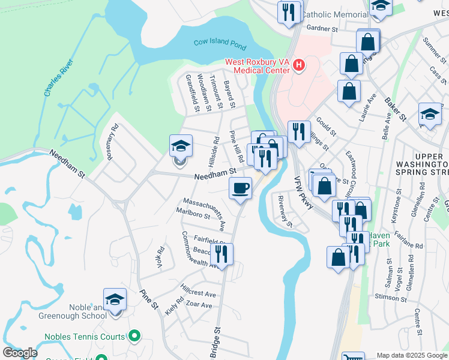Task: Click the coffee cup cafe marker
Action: pyautogui.click(x=240, y=188)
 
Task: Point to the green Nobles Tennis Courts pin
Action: pyautogui.click(x=134, y=337)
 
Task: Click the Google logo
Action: pyautogui.click(x=19, y=352)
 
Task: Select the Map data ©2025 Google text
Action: pyautogui.click(x=412, y=355)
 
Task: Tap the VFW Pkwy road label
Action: pyautogui.click(x=305, y=193)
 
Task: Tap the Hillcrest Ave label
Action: pyautogui.click(x=197, y=294)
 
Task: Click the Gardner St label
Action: pyautogui.click(x=323, y=28)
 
